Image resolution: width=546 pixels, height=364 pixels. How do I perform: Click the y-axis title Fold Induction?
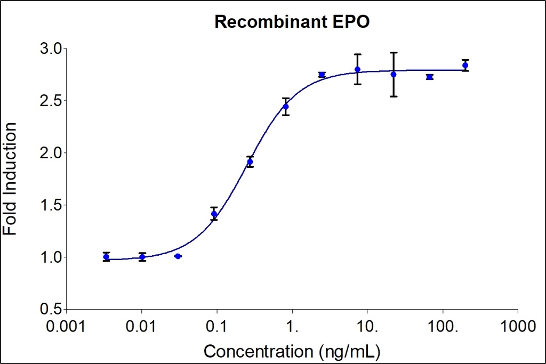[x=10, y=179]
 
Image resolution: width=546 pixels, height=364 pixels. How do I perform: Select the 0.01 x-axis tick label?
[x=141, y=325]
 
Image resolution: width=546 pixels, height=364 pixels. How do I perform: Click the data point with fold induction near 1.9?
[x=250, y=161]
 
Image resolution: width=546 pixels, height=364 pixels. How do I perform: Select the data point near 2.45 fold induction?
[x=286, y=107]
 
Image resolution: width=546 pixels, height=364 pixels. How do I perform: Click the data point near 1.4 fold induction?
[x=214, y=214]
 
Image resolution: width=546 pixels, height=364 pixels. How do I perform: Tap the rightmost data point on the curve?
[x=465, y=65]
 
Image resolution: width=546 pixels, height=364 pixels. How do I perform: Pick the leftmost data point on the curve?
[x=106, y=257]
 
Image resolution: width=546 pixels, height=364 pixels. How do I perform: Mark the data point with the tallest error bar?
[x=394, y=74]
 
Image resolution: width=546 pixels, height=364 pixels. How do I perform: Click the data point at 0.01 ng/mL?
[x=142, y=257]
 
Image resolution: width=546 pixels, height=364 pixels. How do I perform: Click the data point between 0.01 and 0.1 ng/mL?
[x=178, y=256]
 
